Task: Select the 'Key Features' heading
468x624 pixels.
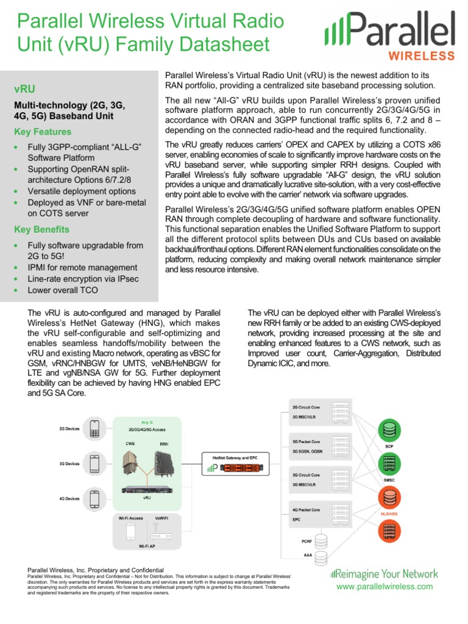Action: point(42,132)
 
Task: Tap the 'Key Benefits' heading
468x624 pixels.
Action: point(41,229)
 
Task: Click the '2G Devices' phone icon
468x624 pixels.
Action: point(94,428)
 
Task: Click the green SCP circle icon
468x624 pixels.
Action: point(389,431)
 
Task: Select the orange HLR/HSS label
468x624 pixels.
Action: point(389,514)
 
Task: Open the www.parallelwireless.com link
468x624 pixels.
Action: point(384,586)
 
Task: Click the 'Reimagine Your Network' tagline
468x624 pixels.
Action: point(384,574)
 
